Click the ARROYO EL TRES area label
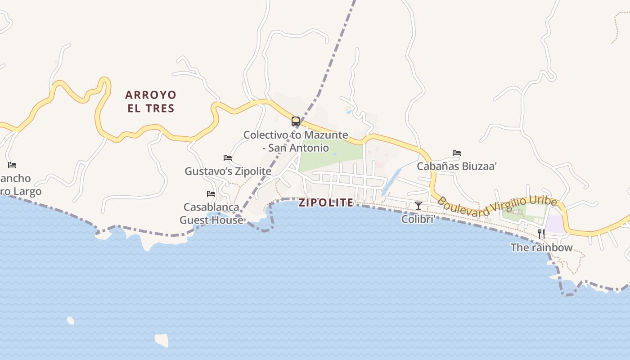(150, 101)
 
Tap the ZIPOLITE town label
(326, 202)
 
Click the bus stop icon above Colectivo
(296, 121)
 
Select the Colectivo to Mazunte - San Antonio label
(296, 141)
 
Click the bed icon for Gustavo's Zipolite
(228, 158)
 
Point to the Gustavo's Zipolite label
(228, 171)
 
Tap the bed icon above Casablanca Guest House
(211, 194)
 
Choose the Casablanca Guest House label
(211, 213)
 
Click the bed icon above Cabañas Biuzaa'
(457, 153)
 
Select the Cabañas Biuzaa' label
(457, 166)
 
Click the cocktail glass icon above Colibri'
(418, 206)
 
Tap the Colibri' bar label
(418, 219)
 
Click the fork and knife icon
(541, 234)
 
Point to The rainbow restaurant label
(541, 247)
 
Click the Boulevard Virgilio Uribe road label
(497, 207)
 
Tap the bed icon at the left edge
(12, 165)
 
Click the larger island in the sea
(162, 340)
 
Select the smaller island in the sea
(71, 320)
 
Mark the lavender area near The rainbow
(554, 225)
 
